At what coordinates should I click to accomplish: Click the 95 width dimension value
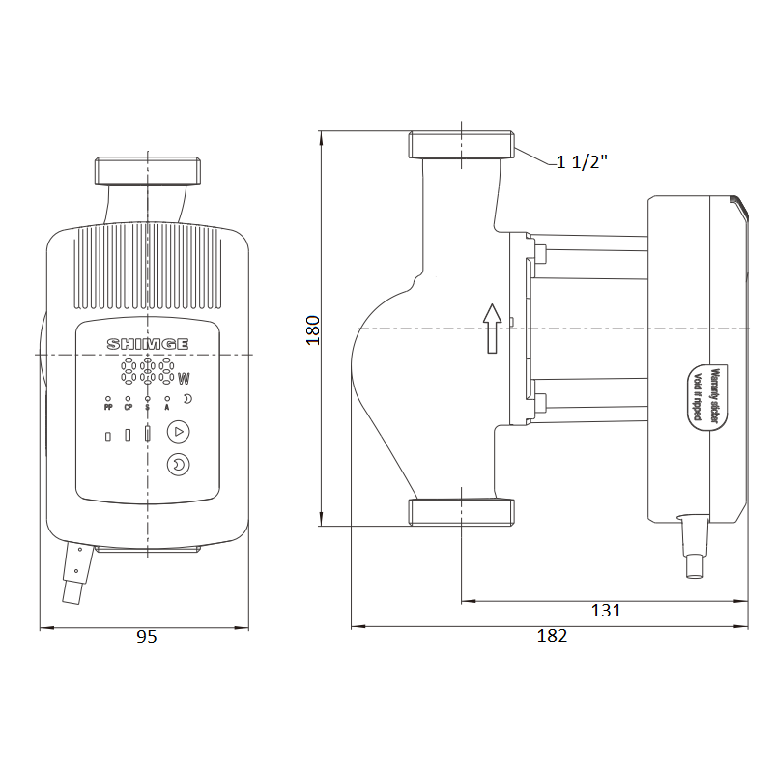pos(147,637)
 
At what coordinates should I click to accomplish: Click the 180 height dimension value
pos(313,330)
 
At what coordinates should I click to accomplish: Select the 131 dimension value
pos(606,611)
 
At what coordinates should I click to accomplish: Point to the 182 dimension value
pos(552,636)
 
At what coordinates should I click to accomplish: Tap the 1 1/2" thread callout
pos(582,161)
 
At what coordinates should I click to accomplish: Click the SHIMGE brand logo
pos(148,344)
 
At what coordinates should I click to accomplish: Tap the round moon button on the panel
pos(179,465)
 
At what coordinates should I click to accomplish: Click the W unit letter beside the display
pos(184,379)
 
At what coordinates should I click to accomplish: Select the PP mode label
pos(108,407)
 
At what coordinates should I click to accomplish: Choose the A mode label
pos(167,407)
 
